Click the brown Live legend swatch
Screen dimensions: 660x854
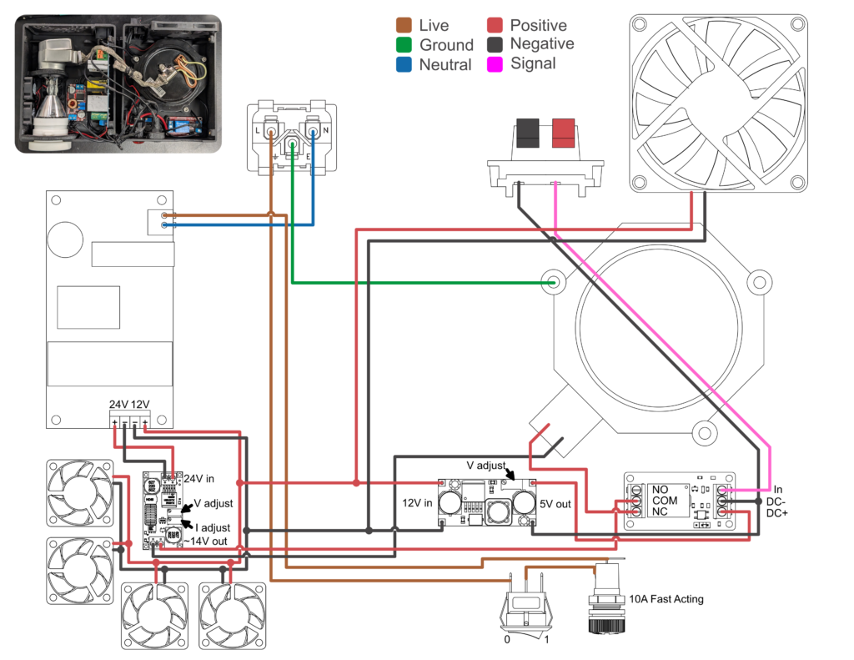pos(404,26)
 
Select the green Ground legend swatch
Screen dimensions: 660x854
pos(404,45)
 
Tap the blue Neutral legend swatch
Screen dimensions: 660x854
pos(404,64)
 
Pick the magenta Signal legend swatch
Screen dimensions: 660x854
pos(495,63)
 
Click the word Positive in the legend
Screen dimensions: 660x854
pos(538,26)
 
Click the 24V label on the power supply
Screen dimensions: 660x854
pos(118,405)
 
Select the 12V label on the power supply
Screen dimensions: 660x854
pos(140,405)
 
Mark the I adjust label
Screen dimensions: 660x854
pos(212,527)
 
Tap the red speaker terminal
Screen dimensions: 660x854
pos(563,132)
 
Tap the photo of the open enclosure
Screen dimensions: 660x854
pos(118,83)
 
